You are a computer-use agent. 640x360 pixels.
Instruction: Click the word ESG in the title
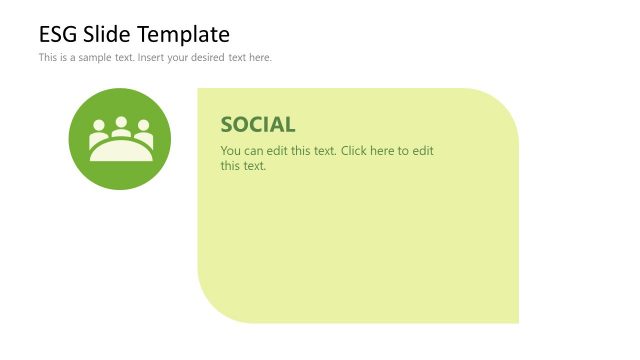(x=57, y=35)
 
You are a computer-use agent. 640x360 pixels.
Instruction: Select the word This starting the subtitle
(x=48, y=57)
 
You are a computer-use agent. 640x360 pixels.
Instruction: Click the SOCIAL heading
(x=258, y=125)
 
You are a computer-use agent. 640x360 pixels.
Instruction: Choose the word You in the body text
(x=230, y=151)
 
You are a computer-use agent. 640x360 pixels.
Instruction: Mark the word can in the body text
(x=253, y=151)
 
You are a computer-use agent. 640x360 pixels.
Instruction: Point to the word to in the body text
(x=405, y=151)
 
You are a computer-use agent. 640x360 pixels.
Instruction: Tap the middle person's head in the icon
(x=121, y=122)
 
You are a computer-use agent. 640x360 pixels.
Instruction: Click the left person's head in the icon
(x=99, y=126)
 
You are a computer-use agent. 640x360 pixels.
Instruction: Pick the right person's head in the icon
(x=143, y=126)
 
